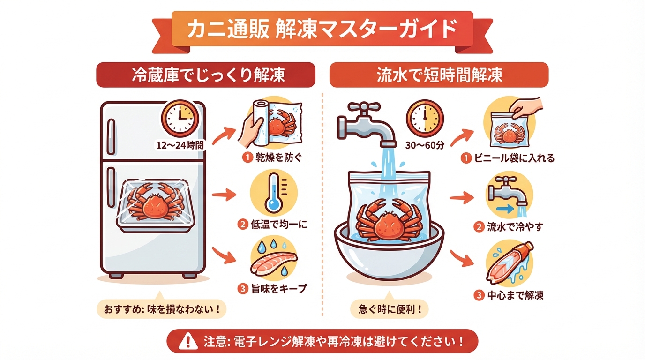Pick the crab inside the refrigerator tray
[x=155, y=202]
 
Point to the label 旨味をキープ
[x=279, y=288]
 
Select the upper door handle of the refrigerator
[x=111, y=136]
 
